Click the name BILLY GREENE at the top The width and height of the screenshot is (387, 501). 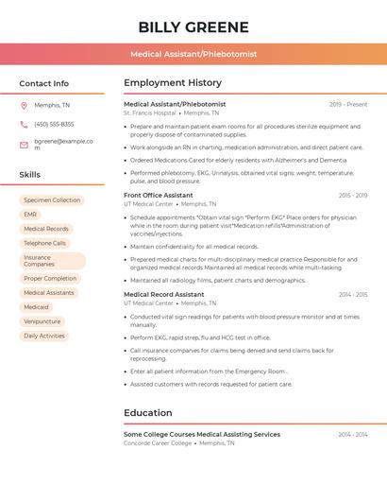point(193,26)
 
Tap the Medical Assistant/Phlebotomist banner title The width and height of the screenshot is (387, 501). point(193,54)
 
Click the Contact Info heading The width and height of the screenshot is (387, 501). point(43,83)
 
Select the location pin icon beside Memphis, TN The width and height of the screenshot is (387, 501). point(24,105)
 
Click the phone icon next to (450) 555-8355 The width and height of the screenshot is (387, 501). point(24,124)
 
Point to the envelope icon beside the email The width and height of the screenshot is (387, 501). point(24,145)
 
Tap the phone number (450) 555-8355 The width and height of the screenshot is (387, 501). point(54,124)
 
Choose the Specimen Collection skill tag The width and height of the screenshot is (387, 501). point(52,200)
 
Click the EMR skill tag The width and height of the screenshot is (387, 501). point(30,215)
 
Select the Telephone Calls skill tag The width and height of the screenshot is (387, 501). point(44,243)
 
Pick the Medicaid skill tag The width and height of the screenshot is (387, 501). point(36,307)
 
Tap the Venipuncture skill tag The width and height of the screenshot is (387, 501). point(42,321)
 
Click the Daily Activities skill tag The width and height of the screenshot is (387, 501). point(44,336)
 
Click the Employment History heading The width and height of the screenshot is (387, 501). point(173,83)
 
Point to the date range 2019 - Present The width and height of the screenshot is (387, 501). point(348,104)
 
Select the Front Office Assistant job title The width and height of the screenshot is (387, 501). point(158,195)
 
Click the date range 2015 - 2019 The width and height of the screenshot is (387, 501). point(352,196)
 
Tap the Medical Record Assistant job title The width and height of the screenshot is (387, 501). point(163,295)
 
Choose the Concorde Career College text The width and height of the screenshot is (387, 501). point(157,442)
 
